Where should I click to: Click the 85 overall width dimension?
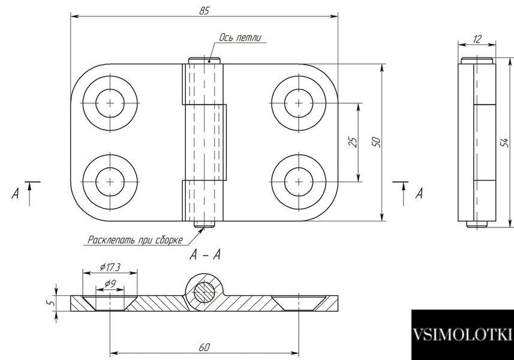(204, 11)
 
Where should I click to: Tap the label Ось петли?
(241, 38)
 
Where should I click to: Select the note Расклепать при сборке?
(135, 239)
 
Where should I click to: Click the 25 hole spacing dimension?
(353, 142)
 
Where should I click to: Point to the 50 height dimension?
(377, 142)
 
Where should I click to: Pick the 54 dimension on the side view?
(505, 142)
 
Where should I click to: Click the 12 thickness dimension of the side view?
(477, 40)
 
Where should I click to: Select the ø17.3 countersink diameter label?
(110, 267)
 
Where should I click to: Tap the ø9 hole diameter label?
(110, 283)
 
